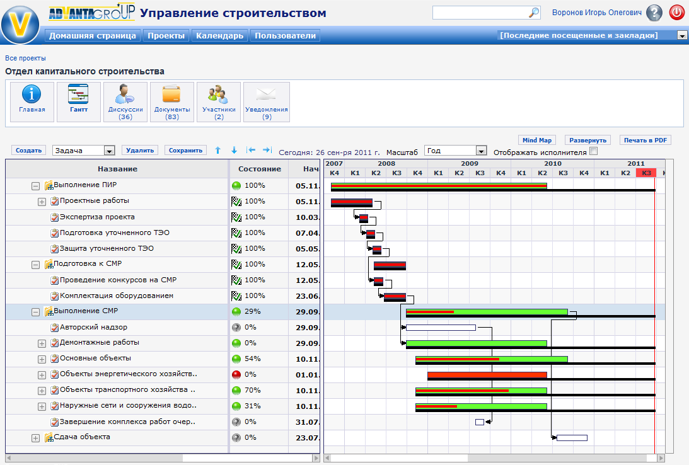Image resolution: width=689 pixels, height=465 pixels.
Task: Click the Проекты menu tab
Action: pos(166,36)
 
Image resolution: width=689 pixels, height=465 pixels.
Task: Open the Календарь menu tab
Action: pos(219,36)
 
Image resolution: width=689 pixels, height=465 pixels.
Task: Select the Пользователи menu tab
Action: pos(285,36)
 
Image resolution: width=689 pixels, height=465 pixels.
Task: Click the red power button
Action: pos(676,13)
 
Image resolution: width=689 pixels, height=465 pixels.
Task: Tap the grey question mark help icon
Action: pos(654,13)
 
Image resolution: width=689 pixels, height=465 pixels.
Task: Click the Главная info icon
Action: pos(32,95)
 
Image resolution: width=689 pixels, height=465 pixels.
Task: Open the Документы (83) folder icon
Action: pos(171,95)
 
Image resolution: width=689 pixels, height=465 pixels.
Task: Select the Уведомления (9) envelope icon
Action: pos(267,95)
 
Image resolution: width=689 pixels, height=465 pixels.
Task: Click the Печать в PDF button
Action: pos(645,140)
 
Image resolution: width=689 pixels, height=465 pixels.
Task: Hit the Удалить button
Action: pos(140,150)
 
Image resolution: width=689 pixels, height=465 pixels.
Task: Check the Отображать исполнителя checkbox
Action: pos(593,151)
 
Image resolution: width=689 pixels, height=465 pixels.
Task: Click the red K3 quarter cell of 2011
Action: pos(646,173)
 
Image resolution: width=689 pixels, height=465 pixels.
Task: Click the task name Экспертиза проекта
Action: pos(97,217)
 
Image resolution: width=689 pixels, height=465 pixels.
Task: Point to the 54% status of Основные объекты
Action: pos(254,359)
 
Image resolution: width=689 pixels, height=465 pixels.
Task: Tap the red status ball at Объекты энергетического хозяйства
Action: pos(236,374)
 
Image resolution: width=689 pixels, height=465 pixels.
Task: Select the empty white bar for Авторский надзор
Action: pos(440,328)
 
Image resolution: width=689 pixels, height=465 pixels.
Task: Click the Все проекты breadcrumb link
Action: pos(25,58)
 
